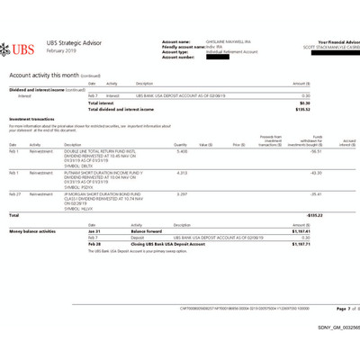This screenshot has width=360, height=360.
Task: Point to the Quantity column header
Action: (180, 144)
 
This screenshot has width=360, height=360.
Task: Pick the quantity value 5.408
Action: (181, 153)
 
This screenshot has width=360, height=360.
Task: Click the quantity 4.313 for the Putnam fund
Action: (181, 172)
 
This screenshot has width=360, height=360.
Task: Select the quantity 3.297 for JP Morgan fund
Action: (181, 193)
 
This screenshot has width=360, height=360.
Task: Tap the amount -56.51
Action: (316, 153)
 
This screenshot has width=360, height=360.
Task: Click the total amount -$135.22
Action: (314, 215)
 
